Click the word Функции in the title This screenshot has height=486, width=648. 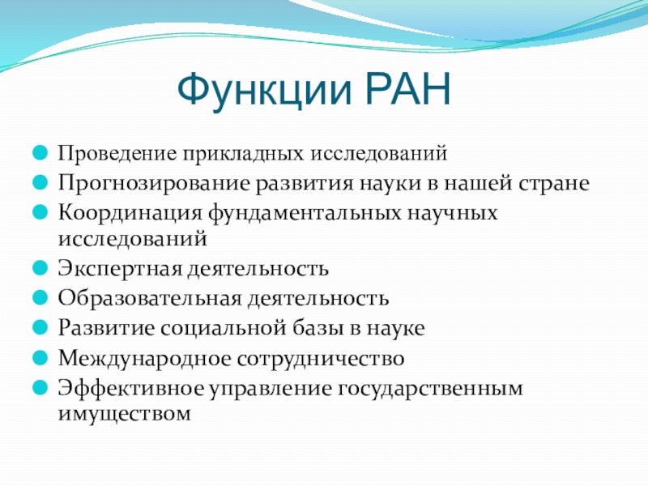pos(265,91)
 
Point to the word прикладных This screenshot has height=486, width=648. pos(245,154)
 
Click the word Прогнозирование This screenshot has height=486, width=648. pos(154,184)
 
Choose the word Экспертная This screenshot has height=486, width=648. pos(120,269)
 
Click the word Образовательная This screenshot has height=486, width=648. pos(150,298)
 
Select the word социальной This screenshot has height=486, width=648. pos(224,328)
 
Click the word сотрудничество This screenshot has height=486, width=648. pos(321,359)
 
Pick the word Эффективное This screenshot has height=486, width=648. pos(131,388)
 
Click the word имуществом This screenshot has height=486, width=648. pos(125,413)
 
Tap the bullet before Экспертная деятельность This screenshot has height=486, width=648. pos(40,268)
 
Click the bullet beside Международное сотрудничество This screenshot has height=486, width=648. pos(40,357)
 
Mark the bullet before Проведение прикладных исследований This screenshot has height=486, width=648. pos(40,151)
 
